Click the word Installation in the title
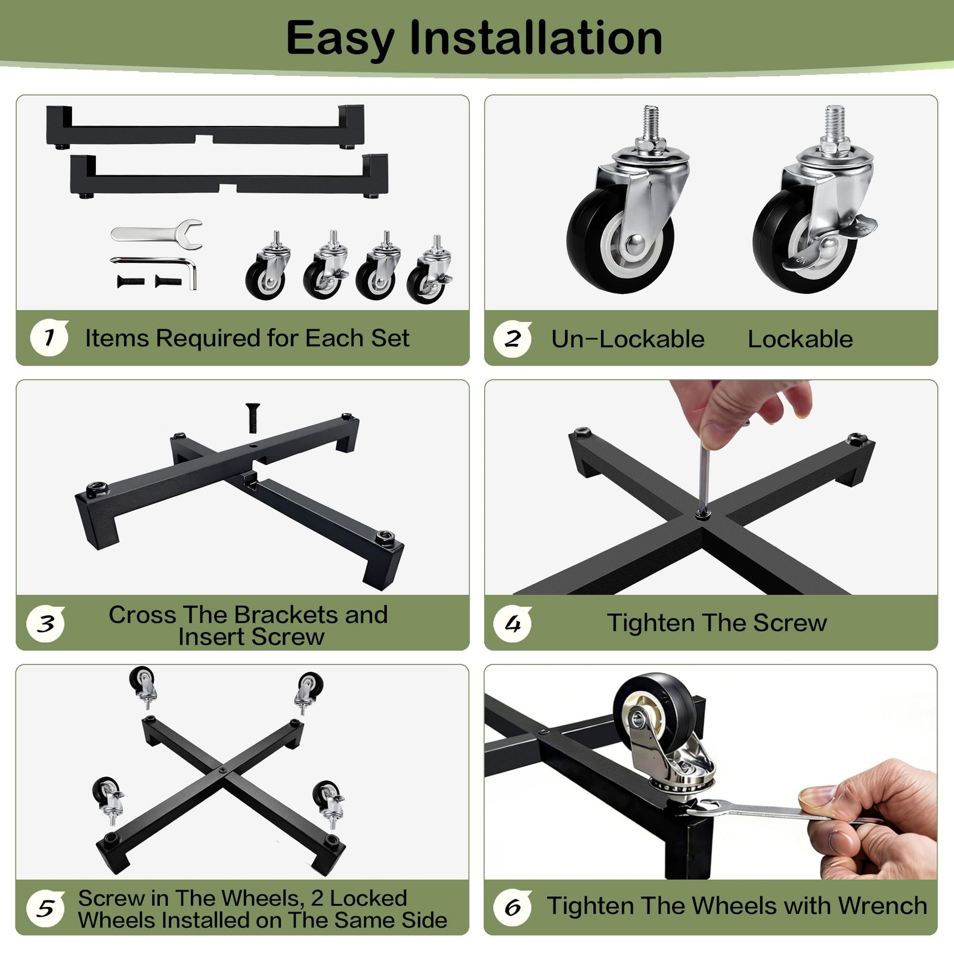point(536,38)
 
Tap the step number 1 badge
point(49,338)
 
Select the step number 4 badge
point(512,624)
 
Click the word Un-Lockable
point(628,339)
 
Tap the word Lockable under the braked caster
point(800,339)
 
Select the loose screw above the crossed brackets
point(253,418)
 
